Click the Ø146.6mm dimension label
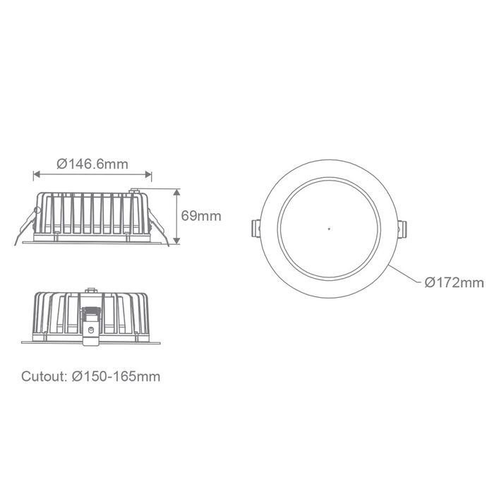point(92,164)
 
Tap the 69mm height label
point(201,216)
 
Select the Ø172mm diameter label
point(454,282)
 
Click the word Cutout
point(44,376)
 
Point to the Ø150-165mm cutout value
point(116,376)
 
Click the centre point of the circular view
point(329,229)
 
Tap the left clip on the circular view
point(255,229)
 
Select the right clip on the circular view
point(402,229)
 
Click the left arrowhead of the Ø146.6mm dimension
point(37,174)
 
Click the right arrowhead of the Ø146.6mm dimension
point(148,174)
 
